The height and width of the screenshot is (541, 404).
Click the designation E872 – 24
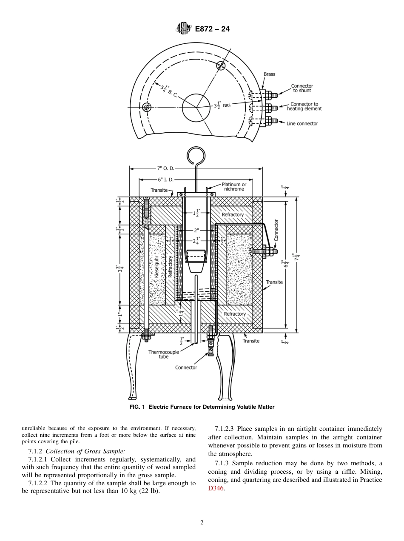tap(212, 29)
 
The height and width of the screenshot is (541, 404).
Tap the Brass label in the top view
tap(269, 74)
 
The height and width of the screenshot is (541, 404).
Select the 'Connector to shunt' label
tap(302, 88)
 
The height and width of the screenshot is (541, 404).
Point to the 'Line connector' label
tap(302, 124)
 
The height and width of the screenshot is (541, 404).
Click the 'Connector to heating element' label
tap(304, 106)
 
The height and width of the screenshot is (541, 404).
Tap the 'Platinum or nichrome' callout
tap(234, 187)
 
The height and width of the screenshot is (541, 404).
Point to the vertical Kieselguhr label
tap(156, 267)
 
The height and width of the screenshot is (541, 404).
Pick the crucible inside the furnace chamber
tap(196, 261)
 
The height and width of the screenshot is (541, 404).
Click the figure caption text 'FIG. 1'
tap(137, 407)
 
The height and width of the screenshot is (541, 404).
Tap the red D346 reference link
tap(216, 489)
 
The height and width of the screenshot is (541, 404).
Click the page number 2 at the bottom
tap(202, 523)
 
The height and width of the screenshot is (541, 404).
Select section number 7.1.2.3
tap(225, 428)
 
